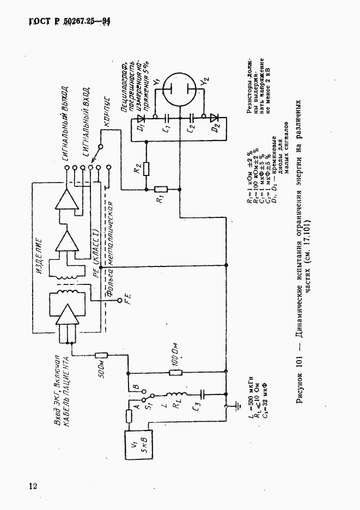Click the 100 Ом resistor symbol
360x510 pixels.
tap(175, 373)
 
